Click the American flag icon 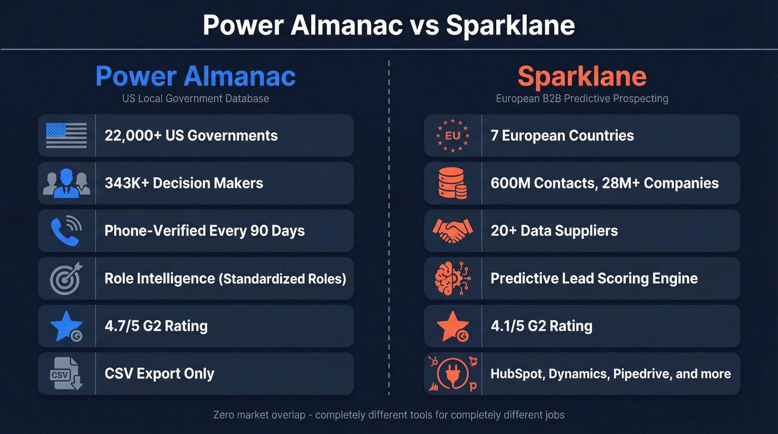pos(66,136)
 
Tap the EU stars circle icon pos(452,136)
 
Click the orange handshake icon pos(452,230)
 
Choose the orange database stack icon pos(452,183)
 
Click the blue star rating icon pos(66,326)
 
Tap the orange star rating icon pos(452,326)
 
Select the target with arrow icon pos(66,278)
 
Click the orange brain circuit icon pos(452,278)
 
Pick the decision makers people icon pos(66,183)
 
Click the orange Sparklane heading pos(582,76)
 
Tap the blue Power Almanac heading pos(196,76)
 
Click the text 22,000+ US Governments pos(191,136)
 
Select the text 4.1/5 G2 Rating pos(541,326)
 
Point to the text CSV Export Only pos(159,373)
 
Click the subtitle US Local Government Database pos(196,99)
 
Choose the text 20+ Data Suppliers pos(554,231)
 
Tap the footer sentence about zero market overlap pos(389,415)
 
